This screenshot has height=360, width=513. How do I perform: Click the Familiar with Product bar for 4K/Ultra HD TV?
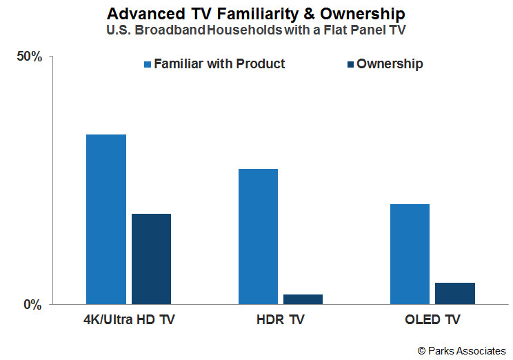(x=106, y=219)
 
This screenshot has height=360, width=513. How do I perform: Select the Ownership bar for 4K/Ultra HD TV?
(x=151, y=259)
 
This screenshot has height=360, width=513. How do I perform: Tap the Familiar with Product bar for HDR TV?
(x=258, y=237)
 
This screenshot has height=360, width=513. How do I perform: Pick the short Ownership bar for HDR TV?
(x=303, y=299)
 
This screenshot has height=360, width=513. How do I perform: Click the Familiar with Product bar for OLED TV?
(x=410, y=254)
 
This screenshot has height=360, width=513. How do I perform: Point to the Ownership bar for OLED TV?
(x=455, y=294)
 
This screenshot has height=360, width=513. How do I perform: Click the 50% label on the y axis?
(x=30, y=57)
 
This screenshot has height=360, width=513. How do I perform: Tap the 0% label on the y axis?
(x=32, y=305)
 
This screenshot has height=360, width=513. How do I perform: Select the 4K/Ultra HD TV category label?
(x=129, y=319)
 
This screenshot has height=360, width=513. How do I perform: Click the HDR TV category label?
(x=281, y=319)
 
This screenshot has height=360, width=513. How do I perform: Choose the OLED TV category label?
(x=432, y=319)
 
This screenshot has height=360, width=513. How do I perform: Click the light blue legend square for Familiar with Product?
(x=148, y=64)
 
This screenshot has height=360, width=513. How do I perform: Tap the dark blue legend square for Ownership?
(x=351, y=64)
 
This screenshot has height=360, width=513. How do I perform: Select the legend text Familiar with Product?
(x=219, y=64)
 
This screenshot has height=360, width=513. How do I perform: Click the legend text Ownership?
(x=390, y=64)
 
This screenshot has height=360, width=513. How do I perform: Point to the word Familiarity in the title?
(x=258, y=14)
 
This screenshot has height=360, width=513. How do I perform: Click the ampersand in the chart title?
(x=309, y=14)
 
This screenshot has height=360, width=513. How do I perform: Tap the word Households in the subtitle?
(x=244, y=30)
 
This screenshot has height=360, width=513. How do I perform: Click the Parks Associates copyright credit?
(x=462, y=351)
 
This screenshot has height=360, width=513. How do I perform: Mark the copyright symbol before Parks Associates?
(x=421, y=351)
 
